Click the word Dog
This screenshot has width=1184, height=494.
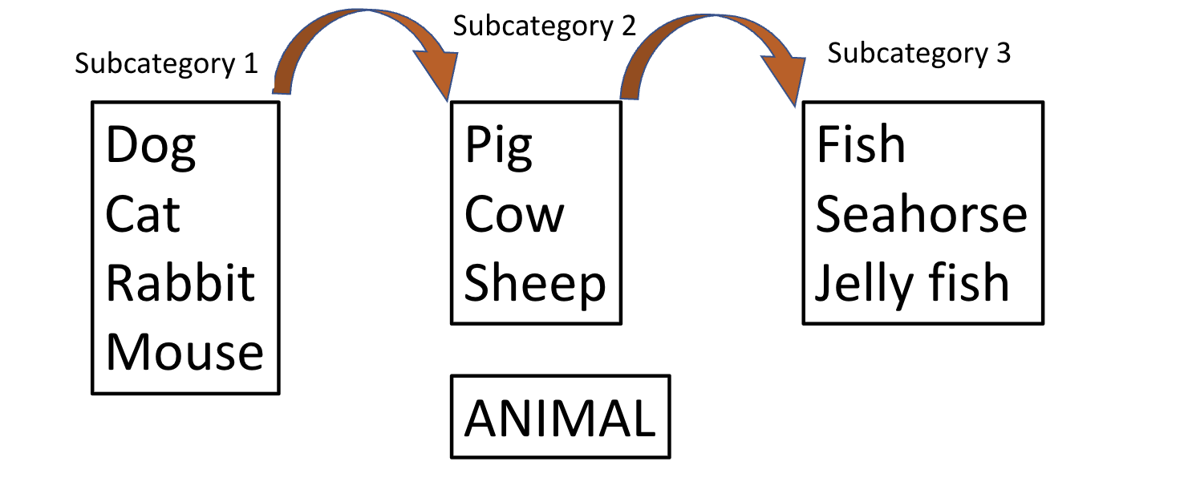click(151, 146)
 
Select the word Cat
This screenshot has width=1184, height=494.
click(143, 215)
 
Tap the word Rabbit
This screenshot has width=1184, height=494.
click(180, 284)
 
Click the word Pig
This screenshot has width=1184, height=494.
click(498, 146)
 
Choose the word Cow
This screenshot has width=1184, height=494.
click(514, 215)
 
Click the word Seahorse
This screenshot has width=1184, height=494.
click(921, 215)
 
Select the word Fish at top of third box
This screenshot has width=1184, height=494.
click(861, 146)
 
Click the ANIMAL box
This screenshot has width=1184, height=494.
click(560, 418)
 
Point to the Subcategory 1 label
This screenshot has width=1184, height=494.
click(167, 63)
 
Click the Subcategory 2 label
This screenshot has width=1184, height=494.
click(545, 26)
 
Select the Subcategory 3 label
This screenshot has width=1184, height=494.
click(919, 54)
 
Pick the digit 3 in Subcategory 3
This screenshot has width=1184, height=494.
click(1003, 54)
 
